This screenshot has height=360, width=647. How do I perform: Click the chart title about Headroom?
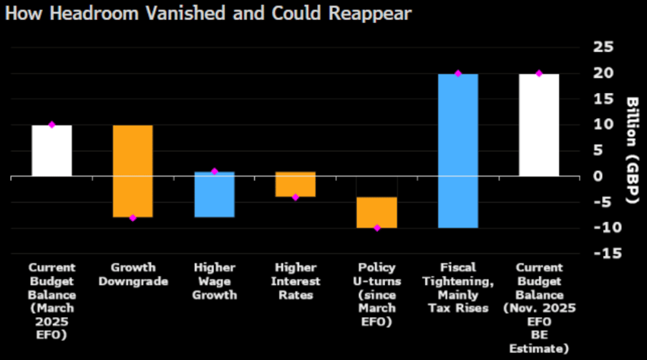[208, 14]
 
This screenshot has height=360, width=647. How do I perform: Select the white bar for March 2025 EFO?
[52, 151]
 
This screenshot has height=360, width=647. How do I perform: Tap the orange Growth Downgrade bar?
[133, 171]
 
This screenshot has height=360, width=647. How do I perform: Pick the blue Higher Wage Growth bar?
[214, 195]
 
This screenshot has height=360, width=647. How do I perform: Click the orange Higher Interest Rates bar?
[295, 184]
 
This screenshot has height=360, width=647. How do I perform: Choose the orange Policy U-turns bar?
[376, 213]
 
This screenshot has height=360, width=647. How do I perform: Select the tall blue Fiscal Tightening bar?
[458, 151]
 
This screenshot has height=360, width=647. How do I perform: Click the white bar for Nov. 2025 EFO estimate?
[539, 125]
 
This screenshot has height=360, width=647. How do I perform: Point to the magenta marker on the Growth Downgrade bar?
[133, 218]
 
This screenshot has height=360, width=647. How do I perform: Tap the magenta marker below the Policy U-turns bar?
[376, 228]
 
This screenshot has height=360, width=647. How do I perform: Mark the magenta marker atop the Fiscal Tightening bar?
[458, 74]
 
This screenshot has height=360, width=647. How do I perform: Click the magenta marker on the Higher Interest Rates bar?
[295, 197]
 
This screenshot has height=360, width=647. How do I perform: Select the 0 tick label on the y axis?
[598, 176]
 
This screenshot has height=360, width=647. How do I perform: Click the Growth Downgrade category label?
[133, 275]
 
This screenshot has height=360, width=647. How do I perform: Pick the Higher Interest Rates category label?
[295, 281]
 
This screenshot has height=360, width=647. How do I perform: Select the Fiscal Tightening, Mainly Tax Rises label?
[458, 288]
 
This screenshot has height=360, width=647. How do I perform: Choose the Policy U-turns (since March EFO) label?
[376, 294]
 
